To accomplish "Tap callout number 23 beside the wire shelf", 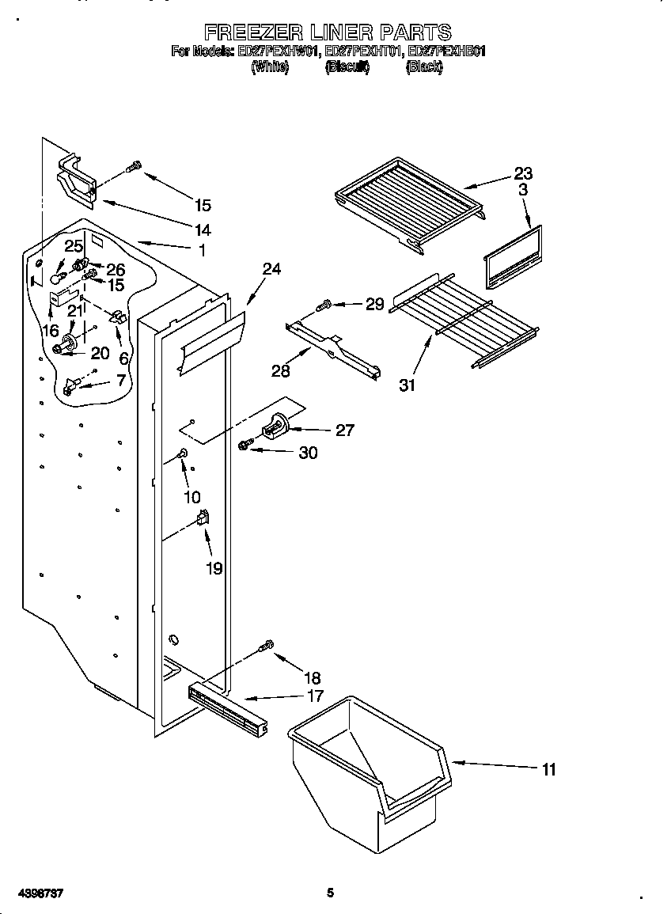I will point(523,173).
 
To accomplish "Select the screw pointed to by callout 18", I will point(267,647).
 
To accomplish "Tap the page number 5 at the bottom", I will point(331,893).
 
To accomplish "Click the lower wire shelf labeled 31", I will point(463,320).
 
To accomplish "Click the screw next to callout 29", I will point(324,305).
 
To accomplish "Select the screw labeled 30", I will point(246,446).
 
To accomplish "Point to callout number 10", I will point(192,497).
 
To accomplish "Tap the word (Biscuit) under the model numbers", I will point(347,68).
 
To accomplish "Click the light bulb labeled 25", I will point(56,278).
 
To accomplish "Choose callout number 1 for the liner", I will point(202,250).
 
